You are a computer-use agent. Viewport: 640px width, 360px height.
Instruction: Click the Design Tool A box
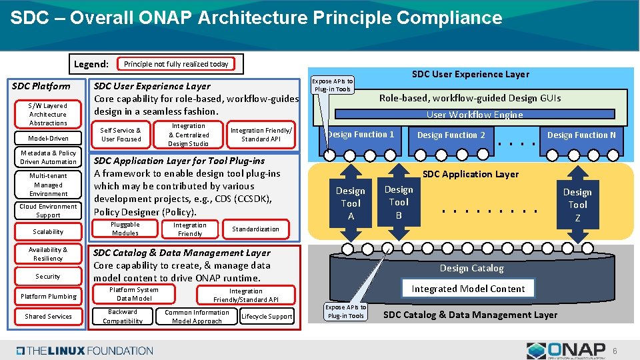click(351, 203)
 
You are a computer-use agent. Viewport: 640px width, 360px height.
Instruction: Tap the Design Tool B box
click(399, 202)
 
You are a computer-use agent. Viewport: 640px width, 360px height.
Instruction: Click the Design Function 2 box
click(451, 135)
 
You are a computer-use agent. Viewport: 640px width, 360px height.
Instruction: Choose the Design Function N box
click(581, 135)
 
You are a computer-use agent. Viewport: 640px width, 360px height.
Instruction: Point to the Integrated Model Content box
click(468, 289)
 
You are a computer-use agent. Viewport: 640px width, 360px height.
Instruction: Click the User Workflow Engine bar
click(475, 115)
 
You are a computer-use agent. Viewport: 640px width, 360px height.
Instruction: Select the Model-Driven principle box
click(48, 138)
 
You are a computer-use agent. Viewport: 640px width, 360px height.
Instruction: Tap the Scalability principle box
click(48, 231)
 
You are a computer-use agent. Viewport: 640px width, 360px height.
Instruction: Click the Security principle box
click(48, 276)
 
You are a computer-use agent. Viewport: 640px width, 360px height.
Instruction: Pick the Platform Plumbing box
click(48, 296)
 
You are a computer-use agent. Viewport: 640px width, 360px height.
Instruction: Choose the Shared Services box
click(48, 316)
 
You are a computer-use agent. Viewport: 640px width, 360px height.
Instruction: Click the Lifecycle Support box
click(267, 316)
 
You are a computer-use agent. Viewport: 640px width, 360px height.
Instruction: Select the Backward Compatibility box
click(123, 316)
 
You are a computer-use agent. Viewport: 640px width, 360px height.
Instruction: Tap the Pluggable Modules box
click(125, 229)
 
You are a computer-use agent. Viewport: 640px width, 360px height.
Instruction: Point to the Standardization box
click(255, 229)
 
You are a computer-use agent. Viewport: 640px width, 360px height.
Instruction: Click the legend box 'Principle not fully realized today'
click(176, 64)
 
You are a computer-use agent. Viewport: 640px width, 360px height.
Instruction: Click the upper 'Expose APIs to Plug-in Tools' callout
click(333, 85)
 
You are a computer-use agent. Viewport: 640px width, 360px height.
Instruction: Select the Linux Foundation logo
click(85, 350)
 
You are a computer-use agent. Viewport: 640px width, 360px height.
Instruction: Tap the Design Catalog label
click(471, 268)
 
